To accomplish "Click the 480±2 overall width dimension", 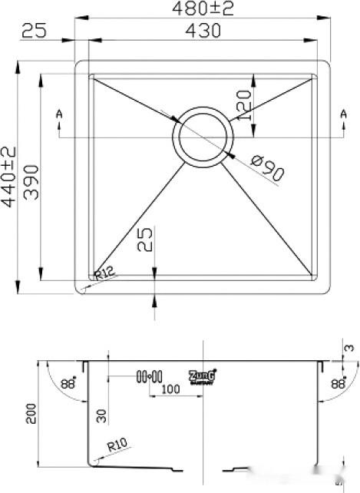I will coord(203,10).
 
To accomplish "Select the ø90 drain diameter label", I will coord(267,168).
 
